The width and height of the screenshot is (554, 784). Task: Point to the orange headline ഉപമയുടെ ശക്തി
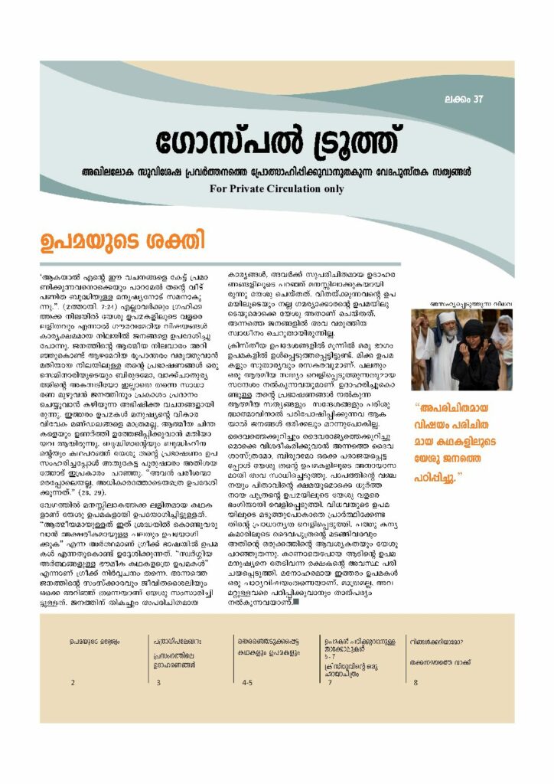[123, 242]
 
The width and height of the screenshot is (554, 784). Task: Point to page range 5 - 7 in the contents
[330, 656]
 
